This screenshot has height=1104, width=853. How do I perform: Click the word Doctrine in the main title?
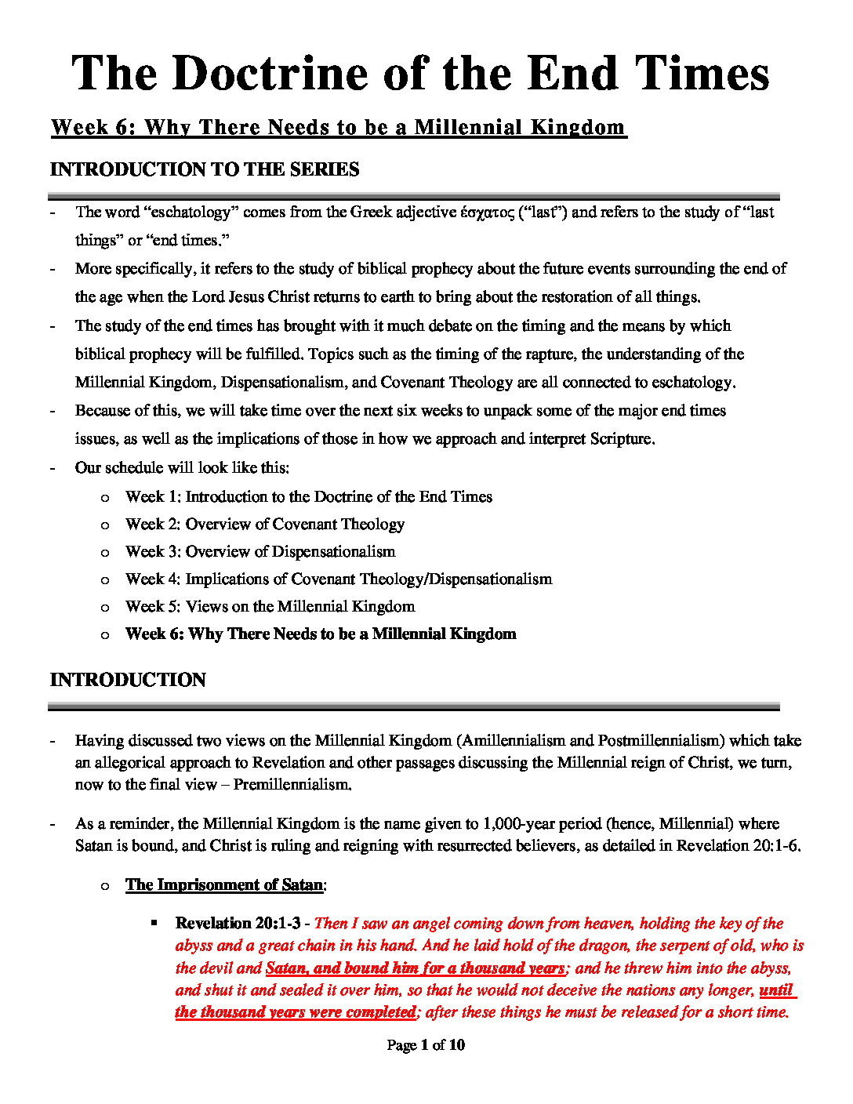tap(270, 74)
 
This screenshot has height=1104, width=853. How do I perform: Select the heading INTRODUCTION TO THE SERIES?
tap(205, 169)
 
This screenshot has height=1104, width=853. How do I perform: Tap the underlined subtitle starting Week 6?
tap(338, 127)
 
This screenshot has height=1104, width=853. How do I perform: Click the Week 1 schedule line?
tap(308, 496)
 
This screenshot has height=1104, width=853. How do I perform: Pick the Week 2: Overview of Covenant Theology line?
tap(264, 524)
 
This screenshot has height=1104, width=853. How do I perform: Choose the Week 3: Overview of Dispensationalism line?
tap(260, 551)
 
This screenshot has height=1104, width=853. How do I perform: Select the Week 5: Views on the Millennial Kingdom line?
tap(270, 606)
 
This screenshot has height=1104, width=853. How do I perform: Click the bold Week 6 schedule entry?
tap(320, 634)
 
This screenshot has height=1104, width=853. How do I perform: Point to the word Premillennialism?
tap(292, 784)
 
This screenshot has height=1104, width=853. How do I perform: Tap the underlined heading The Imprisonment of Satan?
tap(224, 884)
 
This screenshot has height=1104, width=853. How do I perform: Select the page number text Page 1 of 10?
tap(426, 1044)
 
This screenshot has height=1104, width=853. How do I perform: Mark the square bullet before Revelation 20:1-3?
tap(155, 924)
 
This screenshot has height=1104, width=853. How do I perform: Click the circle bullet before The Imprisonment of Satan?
tap(105, 885)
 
